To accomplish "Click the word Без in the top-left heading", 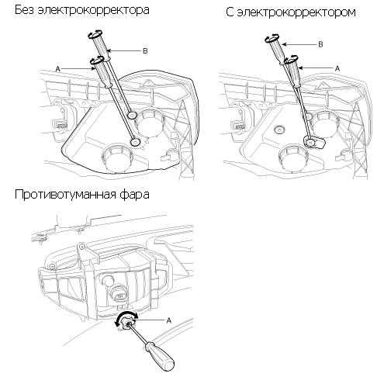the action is click(x=24, y=10).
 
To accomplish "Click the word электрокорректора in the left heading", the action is click(x=93, y=10).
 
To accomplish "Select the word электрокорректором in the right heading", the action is click(x=296, y=12).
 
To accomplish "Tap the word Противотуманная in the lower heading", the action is click(x=65, y=194).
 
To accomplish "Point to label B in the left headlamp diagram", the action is click(x=145, y=51).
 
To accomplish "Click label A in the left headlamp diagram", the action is click(x=57, y=69).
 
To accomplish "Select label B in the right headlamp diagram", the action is click(x=320, y=44).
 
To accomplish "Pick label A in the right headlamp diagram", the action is click(x=337, y=68).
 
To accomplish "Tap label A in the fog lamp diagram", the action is click(x=168, y=320).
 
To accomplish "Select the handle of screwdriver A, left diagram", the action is click(x=102, y=73).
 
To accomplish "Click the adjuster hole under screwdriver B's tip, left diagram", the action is click(x=133, y=115).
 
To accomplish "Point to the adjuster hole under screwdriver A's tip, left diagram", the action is click(x=136, y=142).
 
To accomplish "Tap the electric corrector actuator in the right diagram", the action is click(x=314, y=141).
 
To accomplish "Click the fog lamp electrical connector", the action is click(x=119, y=293).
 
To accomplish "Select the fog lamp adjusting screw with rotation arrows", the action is click(x=126, y=322).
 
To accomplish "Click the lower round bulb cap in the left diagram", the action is click(x=117, y=158).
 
